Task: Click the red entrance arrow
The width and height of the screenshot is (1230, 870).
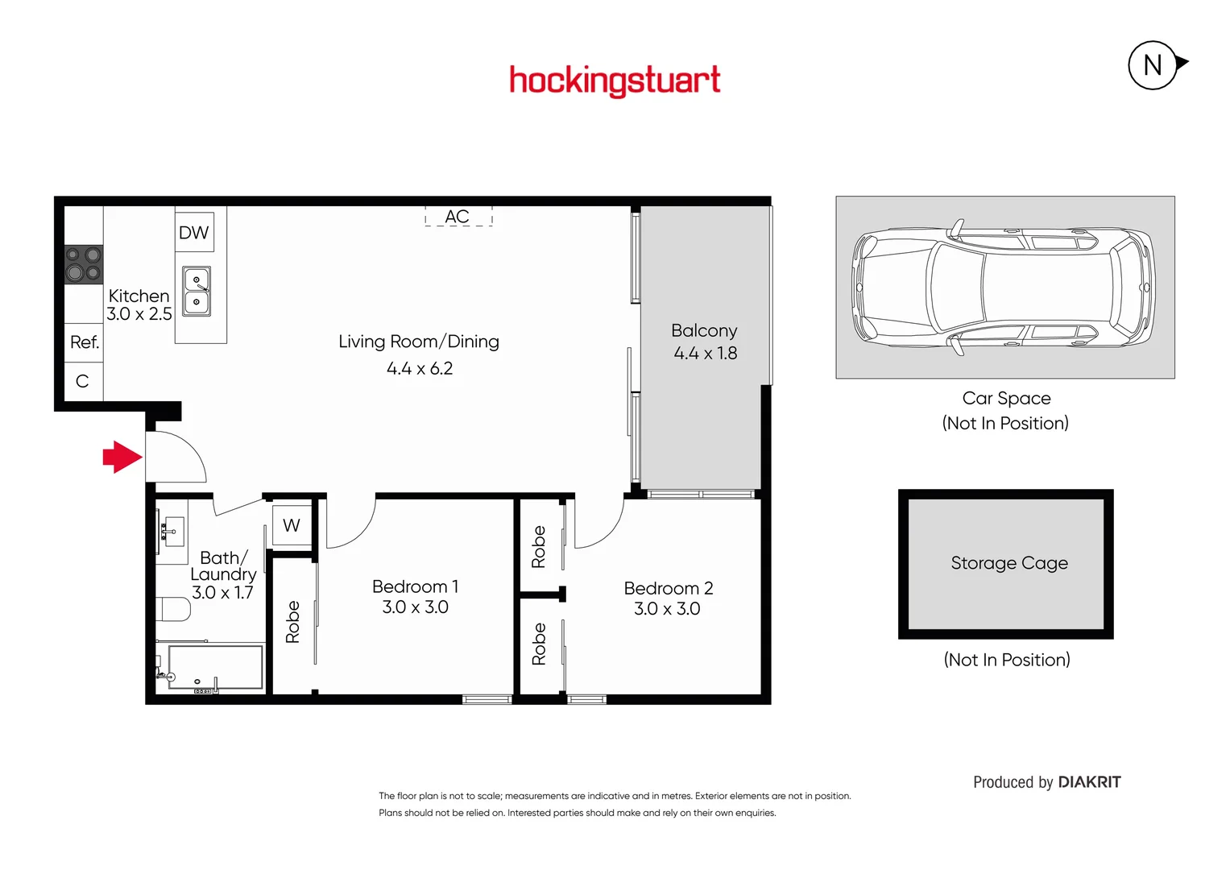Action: [x=122, y=457]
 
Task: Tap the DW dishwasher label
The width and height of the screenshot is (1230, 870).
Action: [x=193, y=233]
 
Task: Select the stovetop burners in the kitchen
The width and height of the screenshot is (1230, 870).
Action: [x=84, y=265]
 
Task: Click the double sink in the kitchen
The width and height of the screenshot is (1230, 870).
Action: [x=197, y=291]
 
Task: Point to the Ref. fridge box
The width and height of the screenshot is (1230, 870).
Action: [x=84, y=342]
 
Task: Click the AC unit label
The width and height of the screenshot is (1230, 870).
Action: [x=457, y=217]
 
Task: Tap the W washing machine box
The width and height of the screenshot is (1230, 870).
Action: [x=292, y=525]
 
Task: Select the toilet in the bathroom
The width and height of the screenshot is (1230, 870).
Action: [x=172, y=609]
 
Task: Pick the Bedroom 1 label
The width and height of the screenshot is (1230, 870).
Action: [x=415, y=586]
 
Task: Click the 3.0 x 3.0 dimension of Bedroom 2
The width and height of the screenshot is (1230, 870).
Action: [x=667, y=609]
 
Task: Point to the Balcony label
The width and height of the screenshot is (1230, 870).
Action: [x=704, y=330]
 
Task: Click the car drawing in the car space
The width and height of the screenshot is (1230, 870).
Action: [x=1004, y=288]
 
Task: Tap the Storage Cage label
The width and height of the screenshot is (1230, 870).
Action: [x=1008, y=563]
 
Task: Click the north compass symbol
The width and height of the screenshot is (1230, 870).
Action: [x=1153, y=64]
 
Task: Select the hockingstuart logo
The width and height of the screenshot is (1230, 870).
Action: [x=615, y=81]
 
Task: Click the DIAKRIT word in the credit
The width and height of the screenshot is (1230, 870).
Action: [x=1089, y=782]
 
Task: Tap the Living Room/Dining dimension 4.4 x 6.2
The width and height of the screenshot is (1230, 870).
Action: [x=420, y=368]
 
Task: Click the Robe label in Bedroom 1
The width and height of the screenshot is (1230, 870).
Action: [x=292, y=621]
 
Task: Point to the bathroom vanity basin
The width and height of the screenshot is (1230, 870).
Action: [x=172, y=532]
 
